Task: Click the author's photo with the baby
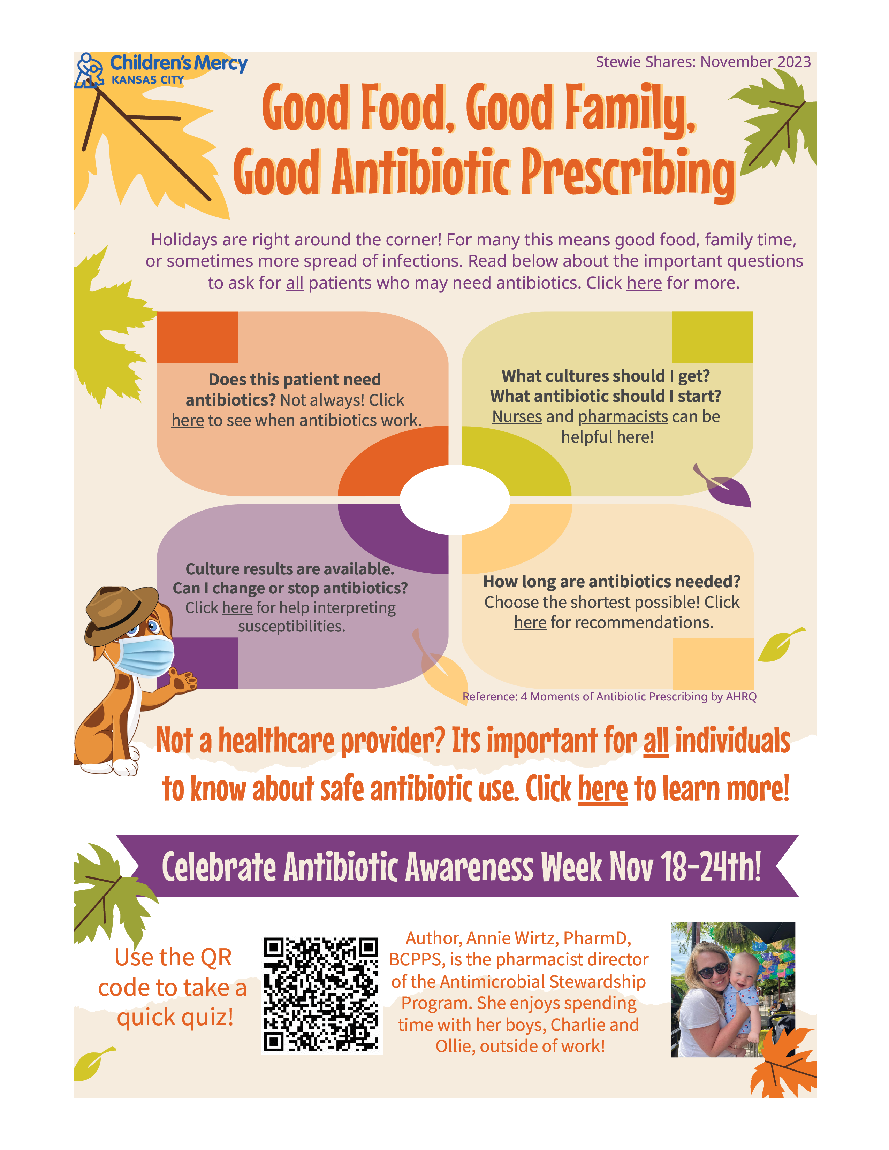click(732, 989)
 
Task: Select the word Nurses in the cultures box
click(517, 416)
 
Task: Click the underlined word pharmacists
click(623, 416)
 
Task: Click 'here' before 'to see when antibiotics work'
click(188, 420)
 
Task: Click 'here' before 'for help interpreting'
click(237, 608)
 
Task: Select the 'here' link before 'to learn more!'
click(603, 789)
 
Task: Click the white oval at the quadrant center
click(455, 500)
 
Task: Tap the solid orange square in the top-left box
click(197, 337)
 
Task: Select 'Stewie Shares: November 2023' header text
click(703, 62)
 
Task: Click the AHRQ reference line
click(609, 697)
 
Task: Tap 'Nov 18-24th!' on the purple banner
click(685, 866)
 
